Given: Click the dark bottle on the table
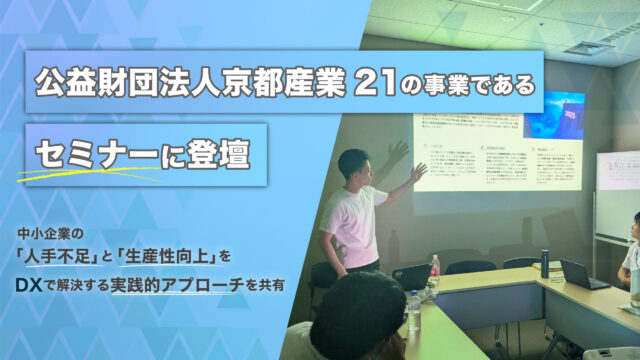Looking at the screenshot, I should [544, 263].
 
